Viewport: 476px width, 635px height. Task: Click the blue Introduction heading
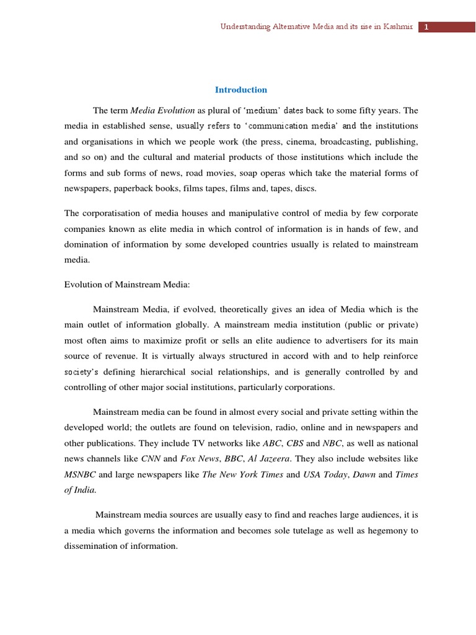[x=241, y=90]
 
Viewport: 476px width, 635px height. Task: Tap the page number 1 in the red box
[x=427, y=27]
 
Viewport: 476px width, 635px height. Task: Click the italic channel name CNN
[x=151, y=459]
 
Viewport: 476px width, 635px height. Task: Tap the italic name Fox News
[x=200, y=459]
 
